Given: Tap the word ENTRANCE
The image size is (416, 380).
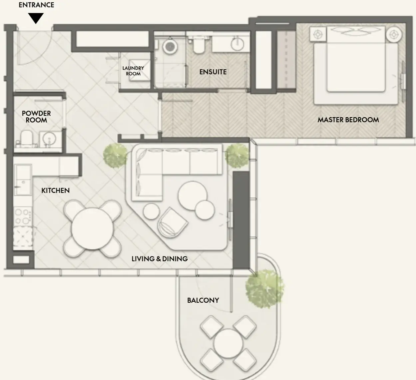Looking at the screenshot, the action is pyautogui.click(x=36, y=5).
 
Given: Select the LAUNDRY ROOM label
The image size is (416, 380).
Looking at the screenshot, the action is pyautogui.click(x=133, y=71).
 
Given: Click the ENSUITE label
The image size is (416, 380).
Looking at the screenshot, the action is pyautogui.click(x=213, y=72).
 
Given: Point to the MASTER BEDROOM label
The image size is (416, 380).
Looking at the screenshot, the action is pyautogui.click(x=348, y=120).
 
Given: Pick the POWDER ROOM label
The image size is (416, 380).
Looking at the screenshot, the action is pyautogui.click(x=36, y=117).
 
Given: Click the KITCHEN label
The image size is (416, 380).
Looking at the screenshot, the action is pyautogui.click(x=55, y=190).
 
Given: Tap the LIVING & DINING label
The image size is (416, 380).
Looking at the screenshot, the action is pyautogui.click(x=160, y=259).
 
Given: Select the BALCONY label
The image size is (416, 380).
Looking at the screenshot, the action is pyautogui.click(x=203, y=300).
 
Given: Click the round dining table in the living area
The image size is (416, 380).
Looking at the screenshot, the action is pyautogui.click(x=92, y=228).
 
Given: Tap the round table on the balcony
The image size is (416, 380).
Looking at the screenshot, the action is pyautogui.click(x=228, y=343).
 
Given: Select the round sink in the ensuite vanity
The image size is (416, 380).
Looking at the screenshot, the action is pyautogui.click(x=237, y=44).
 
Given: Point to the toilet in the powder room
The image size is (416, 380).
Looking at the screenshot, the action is pyautogui.click(x=27, y=138).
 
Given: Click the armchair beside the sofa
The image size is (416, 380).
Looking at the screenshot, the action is pyautogui.click(x=173, y=222).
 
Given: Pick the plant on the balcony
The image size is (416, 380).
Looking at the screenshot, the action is pyautogui.click(x=264, y=289).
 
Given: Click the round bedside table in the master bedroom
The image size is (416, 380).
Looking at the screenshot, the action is pyautogui.click(x=394, y=35).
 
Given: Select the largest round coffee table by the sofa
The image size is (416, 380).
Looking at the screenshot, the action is pyautogui.click(x=193, y=196).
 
